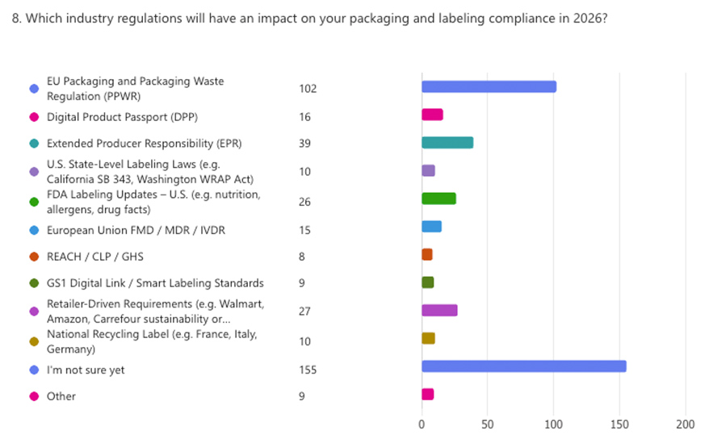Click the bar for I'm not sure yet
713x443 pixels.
[523, 366]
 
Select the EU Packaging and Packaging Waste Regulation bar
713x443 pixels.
[489, 87]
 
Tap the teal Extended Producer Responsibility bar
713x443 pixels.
[447, 143]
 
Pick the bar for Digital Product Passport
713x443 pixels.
[432, 115]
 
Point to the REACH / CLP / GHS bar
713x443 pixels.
[427, 255]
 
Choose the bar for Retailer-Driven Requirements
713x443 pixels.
[439, 311]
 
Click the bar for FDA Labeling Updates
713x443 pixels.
[438, 199]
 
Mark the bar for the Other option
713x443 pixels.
[428, 395]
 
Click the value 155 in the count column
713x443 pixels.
[307, 370]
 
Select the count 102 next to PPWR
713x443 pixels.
[307, 89]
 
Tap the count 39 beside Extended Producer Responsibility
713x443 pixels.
[304, 144]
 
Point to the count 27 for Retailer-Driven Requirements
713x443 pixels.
[304, 311]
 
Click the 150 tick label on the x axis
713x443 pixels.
[619, 424]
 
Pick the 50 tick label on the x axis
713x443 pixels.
[487, 424]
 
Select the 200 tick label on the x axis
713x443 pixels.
[685, 424]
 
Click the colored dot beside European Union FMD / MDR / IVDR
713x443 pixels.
[34, 231]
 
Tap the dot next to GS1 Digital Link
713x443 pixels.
[34, 283]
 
